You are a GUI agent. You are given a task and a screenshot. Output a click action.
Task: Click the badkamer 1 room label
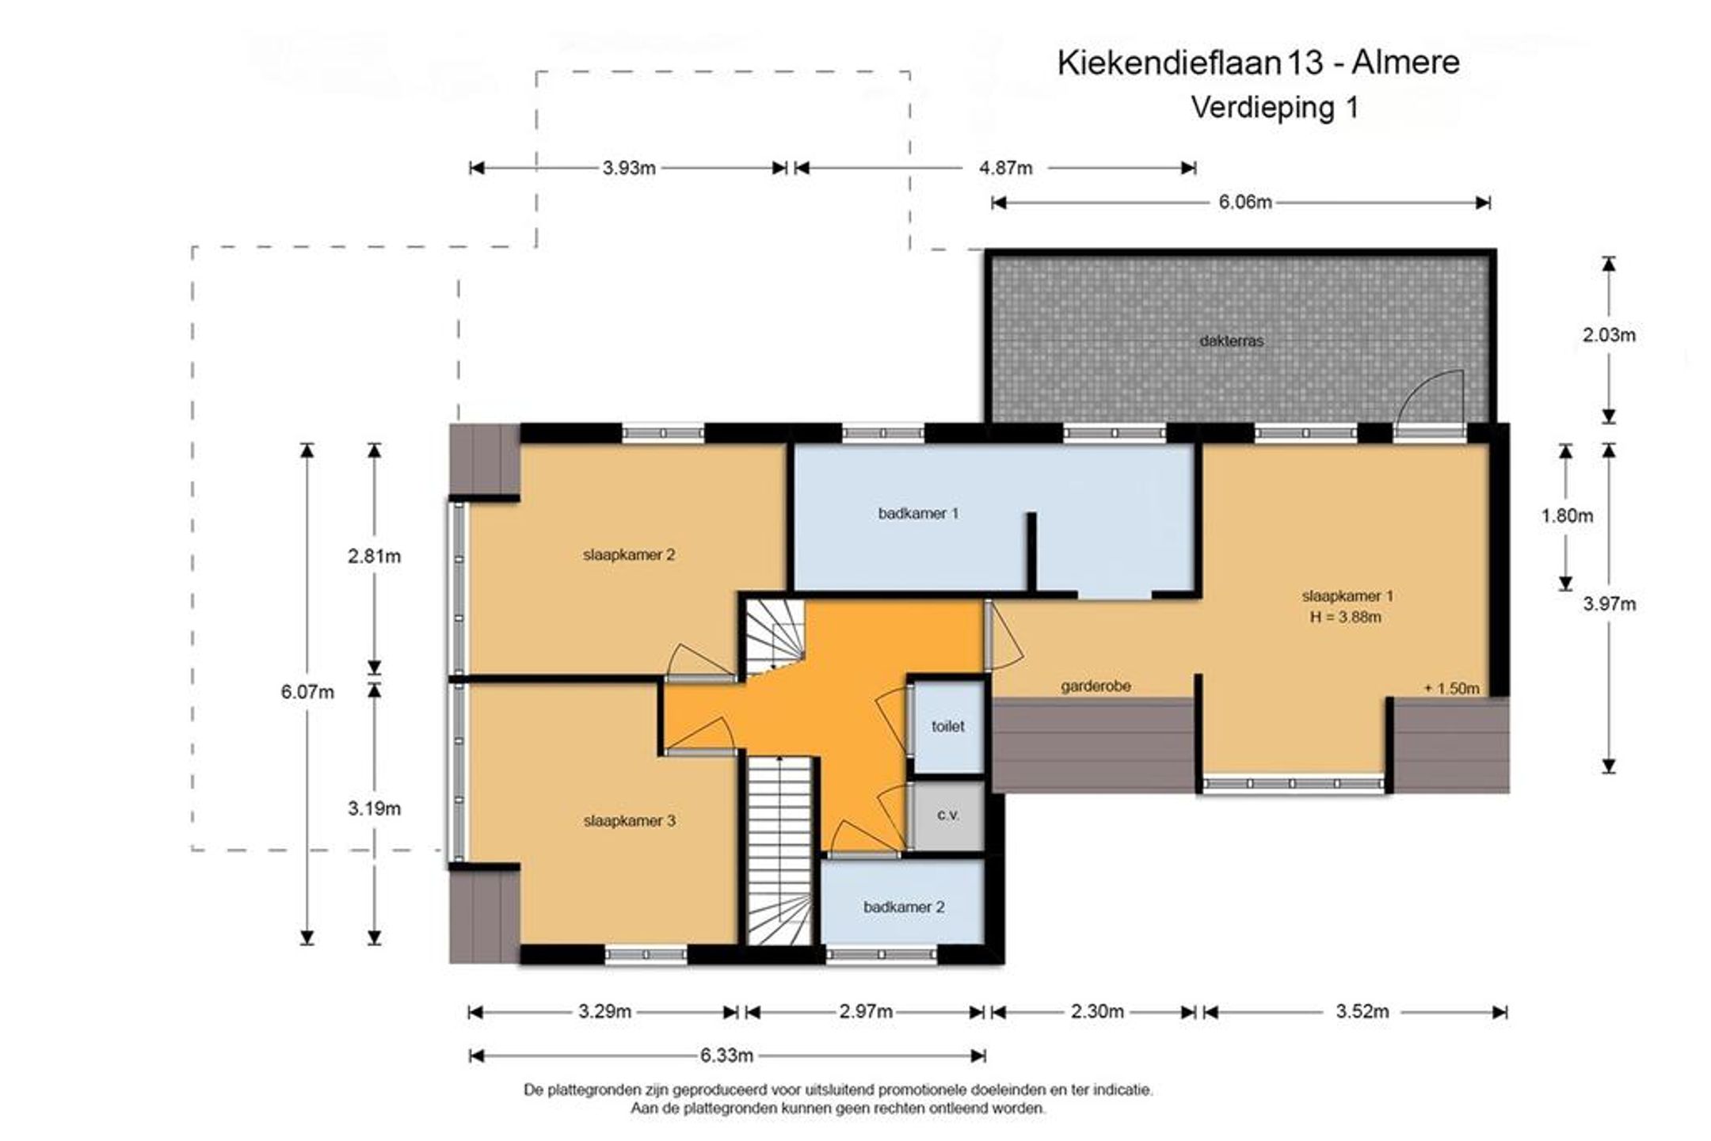click(918, 513)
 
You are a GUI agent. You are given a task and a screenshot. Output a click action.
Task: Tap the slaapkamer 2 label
click(629, 555)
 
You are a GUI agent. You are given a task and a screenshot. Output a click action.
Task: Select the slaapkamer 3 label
click(630, 821)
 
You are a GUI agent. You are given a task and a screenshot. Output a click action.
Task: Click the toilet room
click(947, 726)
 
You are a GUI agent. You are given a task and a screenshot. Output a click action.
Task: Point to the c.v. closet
click(947, 816)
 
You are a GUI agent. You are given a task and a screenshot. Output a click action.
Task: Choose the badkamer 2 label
click(904, 907)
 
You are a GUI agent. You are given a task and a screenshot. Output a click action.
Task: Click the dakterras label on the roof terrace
click(1232, 341)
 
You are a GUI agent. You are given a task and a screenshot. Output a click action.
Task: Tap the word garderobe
click(1096, 687)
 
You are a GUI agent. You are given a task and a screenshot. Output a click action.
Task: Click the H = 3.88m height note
click(1346, 617)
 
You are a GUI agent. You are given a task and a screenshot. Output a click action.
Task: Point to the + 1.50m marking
click(1451, 689)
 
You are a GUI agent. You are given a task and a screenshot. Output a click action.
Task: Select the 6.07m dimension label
click(307, 692)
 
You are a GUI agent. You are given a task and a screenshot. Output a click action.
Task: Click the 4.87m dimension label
click(1006, 168)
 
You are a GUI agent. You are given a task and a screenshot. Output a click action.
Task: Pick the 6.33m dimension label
click(726, 1055)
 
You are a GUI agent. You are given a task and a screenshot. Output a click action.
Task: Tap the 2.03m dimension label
click(1609, 335)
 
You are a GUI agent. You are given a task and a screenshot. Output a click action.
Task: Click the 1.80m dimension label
click(1567, 516)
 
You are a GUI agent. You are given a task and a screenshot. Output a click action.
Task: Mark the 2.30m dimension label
click(1097, 1012)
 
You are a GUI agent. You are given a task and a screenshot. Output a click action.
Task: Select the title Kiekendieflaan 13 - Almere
click(1259, 63)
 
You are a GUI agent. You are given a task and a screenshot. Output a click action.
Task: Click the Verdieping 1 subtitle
click(1275, 107)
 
